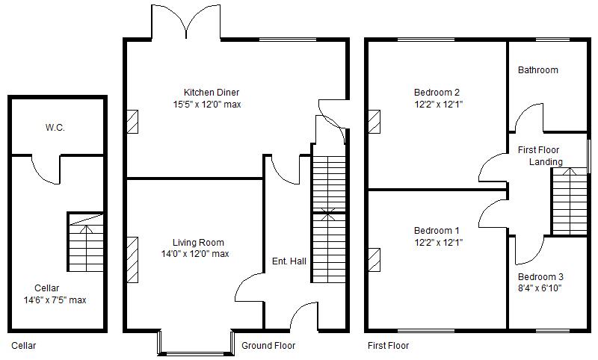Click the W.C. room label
click(55, 128)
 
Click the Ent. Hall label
click(289, 261)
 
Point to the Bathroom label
click(538, 70)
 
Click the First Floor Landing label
click(543, 156)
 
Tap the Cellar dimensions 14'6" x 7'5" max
click(56, 300)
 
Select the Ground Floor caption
click(268, 346)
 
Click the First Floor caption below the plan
click(389, 346)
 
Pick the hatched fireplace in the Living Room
click(132, 259)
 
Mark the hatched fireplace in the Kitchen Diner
click(132, 122)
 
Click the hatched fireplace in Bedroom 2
click(374, 122)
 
